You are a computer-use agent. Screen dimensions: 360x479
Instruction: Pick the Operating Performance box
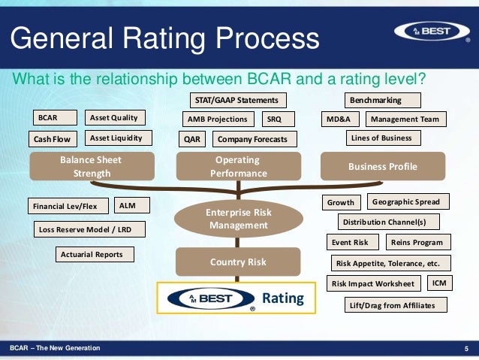click(236, 167)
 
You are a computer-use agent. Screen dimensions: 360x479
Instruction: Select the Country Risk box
click(238, 262)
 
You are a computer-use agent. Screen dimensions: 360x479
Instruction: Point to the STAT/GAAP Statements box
click(236, 100)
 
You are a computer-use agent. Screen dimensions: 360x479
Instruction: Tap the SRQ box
click(279, 119)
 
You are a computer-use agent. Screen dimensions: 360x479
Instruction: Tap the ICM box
click(439, 283)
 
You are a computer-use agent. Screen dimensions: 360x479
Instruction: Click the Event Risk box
click(351, 243)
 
